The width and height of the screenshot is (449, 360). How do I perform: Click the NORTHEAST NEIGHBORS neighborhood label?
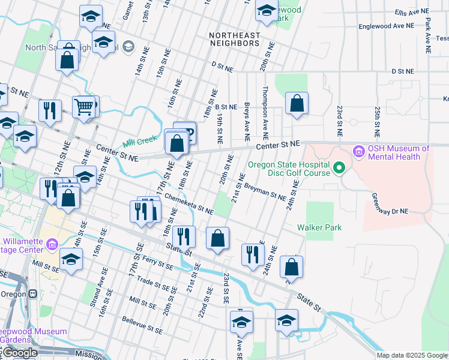pyautogui.click(x=234, y=40)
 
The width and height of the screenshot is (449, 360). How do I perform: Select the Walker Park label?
pyautogui.click(x=319, y=227)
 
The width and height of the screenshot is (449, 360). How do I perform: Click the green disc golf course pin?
pyautogui.click(x=339, y=167)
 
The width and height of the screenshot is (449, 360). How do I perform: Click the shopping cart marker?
pyautogui.click(x=83, y=107)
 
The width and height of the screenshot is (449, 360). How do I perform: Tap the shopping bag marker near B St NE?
pyautogui.click(x=297, y=104)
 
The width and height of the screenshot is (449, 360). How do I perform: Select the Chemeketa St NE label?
pyautogui.click(x=188, y=203)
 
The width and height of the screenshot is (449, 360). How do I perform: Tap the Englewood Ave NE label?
pyautogui.click(x=386, y=26)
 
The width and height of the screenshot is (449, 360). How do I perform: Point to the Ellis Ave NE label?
pyautogui.click(x=413, y=12)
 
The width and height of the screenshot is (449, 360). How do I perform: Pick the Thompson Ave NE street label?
pyautogui.click(x=265, y=113)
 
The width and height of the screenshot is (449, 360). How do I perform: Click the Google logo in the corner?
pyautogui.click(x=19, y=353)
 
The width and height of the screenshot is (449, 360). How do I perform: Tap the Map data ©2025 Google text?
pyautogui.click(x=411, y=355)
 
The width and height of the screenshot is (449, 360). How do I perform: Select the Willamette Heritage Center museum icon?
pyautogui.click(x=52, y=244)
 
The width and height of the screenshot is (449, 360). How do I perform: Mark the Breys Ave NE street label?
pyautogui.click(x=247, y=122)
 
